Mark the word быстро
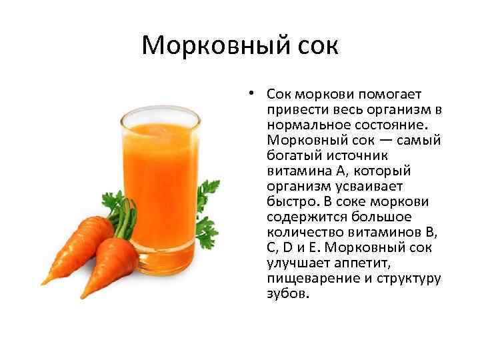tap(289, 201)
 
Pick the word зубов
tap(287, 293)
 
